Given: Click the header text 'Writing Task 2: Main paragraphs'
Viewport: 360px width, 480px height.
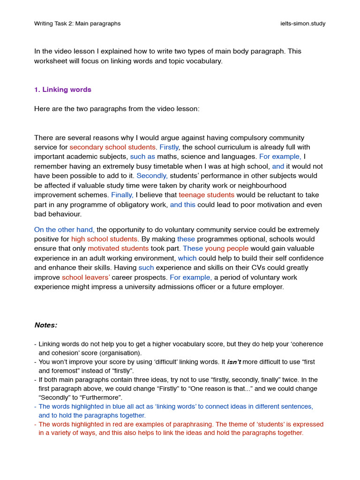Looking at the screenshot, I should pos(77,23).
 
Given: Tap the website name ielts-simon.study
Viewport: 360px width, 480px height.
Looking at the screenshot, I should pos(300,23).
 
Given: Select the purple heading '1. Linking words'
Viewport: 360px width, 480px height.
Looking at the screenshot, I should pos(63,90).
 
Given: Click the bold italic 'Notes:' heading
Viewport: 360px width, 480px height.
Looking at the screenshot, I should pos(46,325).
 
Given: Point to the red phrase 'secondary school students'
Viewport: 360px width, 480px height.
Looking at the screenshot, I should pos(112,147).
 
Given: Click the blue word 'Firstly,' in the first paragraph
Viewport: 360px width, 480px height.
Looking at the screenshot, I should pos(169,147).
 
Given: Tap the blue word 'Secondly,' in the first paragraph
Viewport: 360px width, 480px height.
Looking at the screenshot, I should pos(152,176).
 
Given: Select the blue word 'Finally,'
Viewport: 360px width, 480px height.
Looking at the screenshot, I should pos(122,195).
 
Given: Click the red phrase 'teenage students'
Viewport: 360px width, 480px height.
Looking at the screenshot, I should pos(206,195).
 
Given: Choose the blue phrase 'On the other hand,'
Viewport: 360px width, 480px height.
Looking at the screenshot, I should pos(64,230).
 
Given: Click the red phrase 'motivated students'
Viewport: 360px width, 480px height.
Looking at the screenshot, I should pos(118,248).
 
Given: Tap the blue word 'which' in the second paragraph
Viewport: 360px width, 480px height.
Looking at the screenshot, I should pos(187,258).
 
